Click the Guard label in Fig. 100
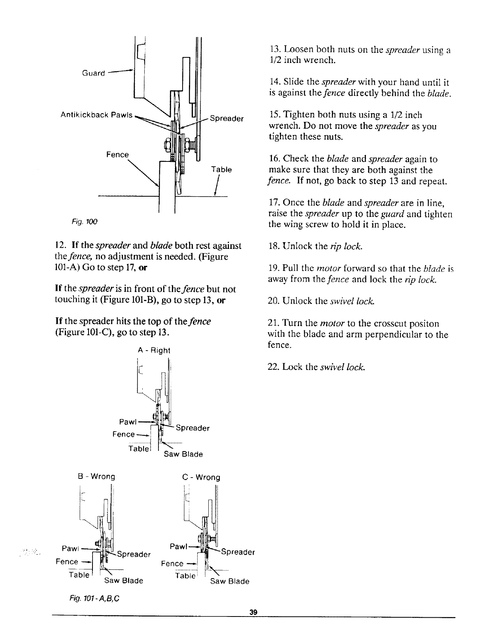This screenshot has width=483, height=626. [93, 73]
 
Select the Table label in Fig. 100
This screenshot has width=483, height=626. [221, 169]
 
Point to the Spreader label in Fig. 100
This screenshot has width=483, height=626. [227, 118]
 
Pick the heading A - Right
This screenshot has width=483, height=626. [154, 350]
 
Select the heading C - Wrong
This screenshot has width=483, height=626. [201, 477]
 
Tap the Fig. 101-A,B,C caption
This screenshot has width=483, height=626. [94, 598]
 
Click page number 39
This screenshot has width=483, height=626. [253, 612]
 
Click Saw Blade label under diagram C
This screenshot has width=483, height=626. [230, 581]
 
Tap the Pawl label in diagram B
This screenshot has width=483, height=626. [70, 548]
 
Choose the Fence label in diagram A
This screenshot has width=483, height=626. [124, 434]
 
